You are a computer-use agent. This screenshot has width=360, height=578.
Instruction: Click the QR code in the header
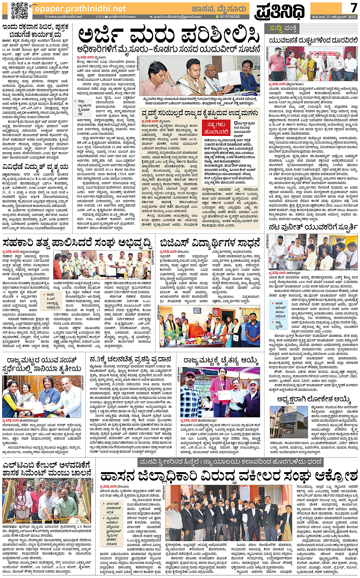pos(19,10)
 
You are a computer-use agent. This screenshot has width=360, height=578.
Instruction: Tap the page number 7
pos(354,7)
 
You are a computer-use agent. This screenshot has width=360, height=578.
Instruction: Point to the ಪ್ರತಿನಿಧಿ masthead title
pos(280,11)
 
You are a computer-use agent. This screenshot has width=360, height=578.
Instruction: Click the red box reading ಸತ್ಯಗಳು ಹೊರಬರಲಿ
pos(216,128)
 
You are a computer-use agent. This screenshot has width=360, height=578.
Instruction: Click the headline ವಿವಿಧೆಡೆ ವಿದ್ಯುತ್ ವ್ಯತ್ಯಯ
pos(35,166)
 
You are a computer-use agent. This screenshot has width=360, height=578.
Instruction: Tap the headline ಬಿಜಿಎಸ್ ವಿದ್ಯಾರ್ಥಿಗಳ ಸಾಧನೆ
pos(210,243)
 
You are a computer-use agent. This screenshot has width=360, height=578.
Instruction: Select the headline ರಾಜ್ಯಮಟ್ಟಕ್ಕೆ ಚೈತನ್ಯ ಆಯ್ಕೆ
pos(221,360)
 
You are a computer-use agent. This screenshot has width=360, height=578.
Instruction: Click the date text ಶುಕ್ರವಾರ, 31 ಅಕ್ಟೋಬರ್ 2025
pos(334,17)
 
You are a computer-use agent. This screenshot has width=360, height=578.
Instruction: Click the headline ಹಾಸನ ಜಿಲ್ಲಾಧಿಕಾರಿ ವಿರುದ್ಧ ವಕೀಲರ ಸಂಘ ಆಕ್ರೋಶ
pos(229,476)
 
